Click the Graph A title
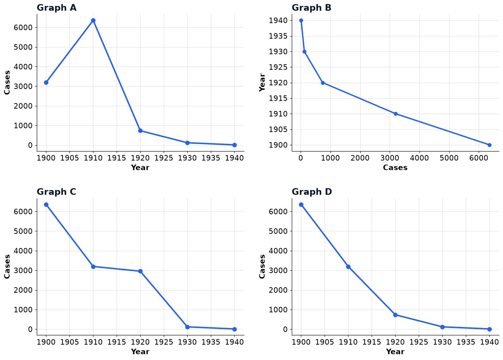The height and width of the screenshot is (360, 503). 57,8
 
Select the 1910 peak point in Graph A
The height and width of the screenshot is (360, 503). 93,21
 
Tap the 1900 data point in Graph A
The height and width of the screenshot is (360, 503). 46,83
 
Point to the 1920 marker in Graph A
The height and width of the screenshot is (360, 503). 140,131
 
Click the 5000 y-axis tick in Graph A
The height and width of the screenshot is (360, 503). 23,47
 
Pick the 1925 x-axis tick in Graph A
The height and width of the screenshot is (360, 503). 164,158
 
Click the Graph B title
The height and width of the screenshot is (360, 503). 311,8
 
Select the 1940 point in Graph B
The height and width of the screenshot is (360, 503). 301,21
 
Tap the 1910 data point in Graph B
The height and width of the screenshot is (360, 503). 396,114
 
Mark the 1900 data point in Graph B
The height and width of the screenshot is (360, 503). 489,145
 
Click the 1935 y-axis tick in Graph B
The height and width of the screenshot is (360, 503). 278,36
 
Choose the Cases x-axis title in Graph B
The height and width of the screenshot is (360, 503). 395,167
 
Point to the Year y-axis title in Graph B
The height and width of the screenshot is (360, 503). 262,83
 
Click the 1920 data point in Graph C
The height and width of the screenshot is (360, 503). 140,271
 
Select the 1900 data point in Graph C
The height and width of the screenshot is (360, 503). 46,205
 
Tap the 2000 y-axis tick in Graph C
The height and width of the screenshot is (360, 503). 23,290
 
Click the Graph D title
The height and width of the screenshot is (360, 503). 312,192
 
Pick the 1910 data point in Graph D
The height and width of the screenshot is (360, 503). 348,267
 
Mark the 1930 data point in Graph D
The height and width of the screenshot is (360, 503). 442,327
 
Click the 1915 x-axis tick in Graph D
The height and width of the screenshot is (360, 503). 372,342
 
